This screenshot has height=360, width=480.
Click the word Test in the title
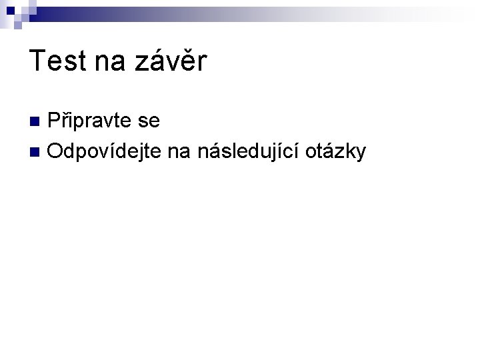(59, 62)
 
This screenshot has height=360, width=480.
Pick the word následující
(247, 152)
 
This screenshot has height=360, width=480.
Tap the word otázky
(336, 152)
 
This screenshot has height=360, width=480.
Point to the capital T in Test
(37, 62)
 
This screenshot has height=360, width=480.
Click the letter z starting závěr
(143, 63)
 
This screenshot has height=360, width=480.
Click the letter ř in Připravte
(65, 122)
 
